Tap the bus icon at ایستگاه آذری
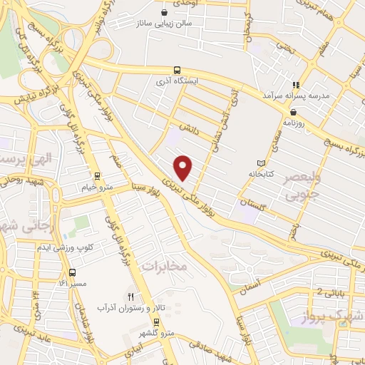click(x=177, y=70)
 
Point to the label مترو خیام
click(x=98, y=187)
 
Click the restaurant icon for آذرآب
click(x=130, y=296)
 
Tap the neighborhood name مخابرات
click(x=163, y=266)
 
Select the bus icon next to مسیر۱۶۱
click(x=72, y=272)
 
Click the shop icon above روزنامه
click(x=293, y=111)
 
